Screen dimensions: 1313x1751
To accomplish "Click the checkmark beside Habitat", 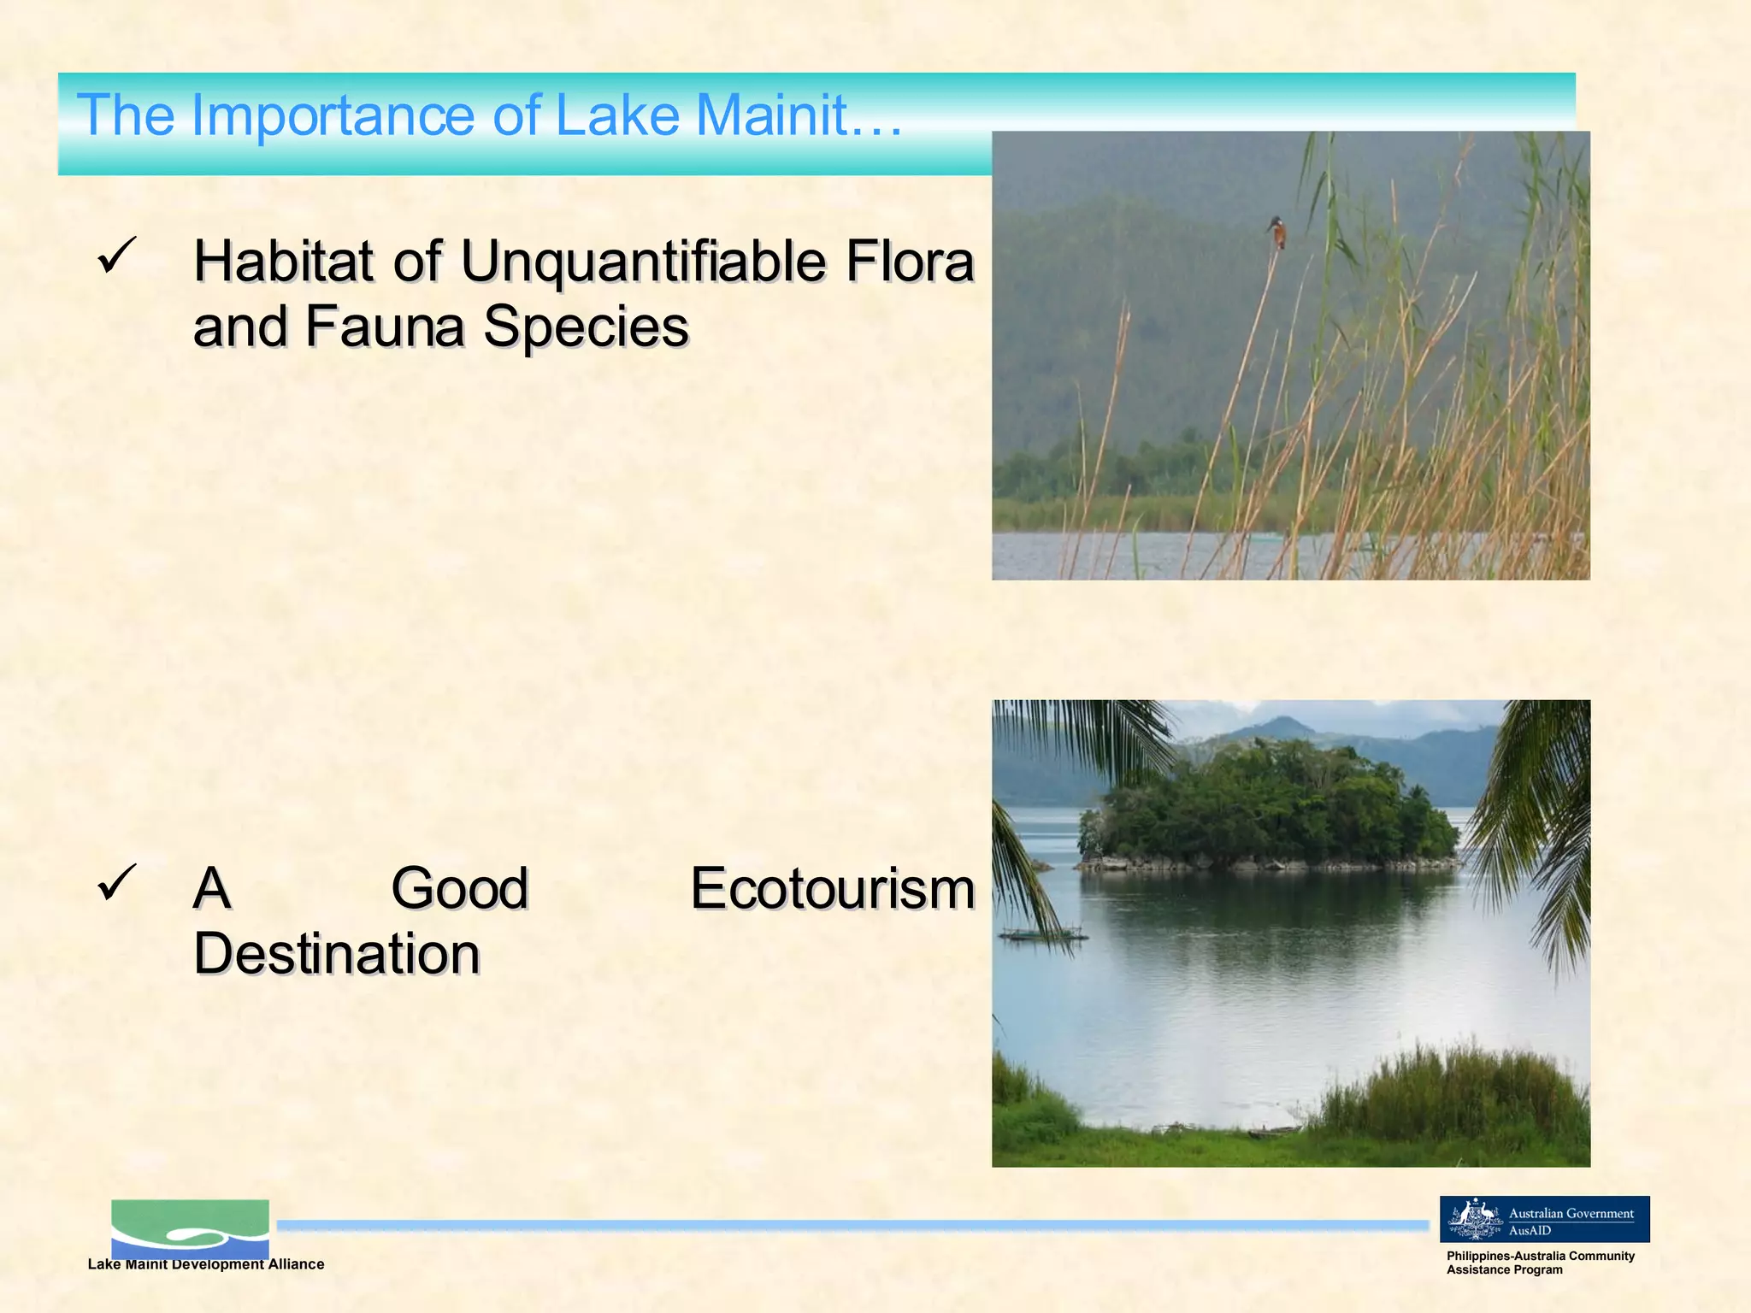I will tap(116, 256).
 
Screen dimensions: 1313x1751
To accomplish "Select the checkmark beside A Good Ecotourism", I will tap(116, 881).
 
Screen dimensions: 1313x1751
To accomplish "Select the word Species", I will tap(586, 327).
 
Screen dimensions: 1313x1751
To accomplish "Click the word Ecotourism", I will tap(833, 888).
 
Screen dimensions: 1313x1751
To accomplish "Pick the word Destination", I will tap(337, 953).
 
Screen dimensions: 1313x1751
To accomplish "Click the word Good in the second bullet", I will tap(460, 888).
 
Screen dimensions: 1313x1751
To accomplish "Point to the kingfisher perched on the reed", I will tap(1276, 233).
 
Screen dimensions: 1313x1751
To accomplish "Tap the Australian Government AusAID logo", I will tap(1544, 1219).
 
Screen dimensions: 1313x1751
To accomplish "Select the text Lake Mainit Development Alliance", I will tap(206, 1264).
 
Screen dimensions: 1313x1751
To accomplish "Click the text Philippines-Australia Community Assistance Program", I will tap(1539, 1263).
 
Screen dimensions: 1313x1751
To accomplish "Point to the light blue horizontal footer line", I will tap(855, 1225).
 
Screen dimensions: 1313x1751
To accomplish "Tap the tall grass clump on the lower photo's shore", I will tap(1453, 1094).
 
